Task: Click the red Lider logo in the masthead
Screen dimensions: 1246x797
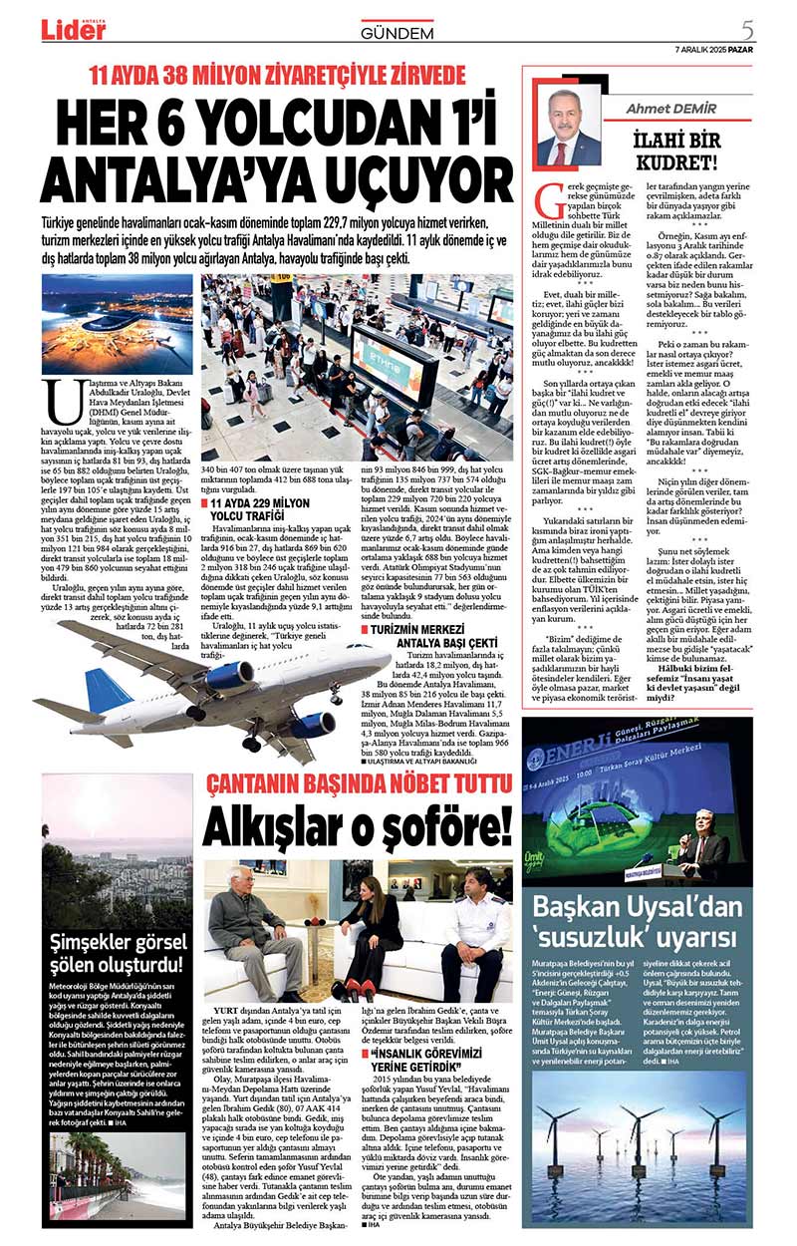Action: click(73, 31)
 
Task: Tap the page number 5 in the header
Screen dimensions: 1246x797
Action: click(747, 29)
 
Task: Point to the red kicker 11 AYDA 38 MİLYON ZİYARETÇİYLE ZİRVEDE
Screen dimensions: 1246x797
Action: click(278, 76)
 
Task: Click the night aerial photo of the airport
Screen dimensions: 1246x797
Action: click(118, 324)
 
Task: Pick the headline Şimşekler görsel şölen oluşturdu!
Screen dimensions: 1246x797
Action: click(119, 952)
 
